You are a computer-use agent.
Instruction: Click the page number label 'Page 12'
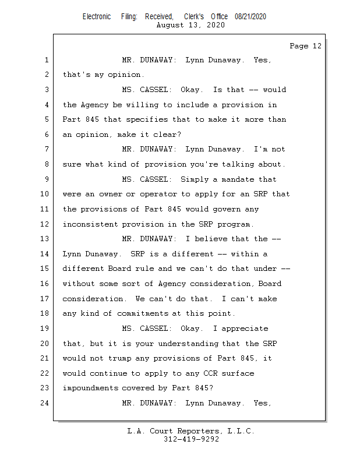305,46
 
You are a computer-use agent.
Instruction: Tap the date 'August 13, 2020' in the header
190,25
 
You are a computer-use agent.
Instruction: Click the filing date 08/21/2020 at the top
250,16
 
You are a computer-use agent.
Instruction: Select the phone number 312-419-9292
191,439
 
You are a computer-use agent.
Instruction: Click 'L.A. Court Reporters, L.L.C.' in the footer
190,431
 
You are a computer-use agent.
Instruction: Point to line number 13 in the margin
46,239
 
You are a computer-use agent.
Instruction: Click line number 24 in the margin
46,403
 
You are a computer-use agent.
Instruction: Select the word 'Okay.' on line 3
192,90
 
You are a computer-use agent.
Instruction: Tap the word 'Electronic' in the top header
97,16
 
